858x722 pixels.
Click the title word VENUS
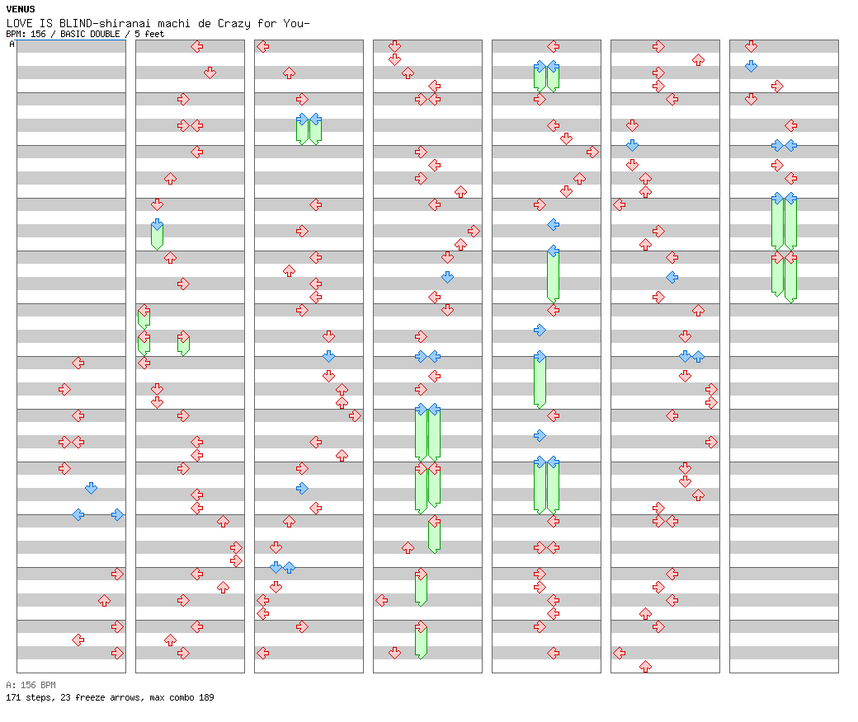(20, 9)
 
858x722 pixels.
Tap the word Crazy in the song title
(235, 23)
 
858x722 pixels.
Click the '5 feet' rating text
(149, 34)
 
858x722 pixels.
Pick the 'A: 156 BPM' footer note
(31, 685)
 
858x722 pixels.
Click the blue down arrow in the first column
(91, 488)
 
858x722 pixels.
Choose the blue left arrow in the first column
(78, 514)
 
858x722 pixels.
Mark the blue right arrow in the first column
(117, 514)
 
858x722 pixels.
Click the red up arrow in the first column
(104, 600)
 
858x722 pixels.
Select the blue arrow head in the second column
(157, 224)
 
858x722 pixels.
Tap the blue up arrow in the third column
(289, 567)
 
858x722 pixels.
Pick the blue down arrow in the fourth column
(447, 277)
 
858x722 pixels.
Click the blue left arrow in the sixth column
(672, 277)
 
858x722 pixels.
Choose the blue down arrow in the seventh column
(751, 66)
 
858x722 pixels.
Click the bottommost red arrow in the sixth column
(645, 666)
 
